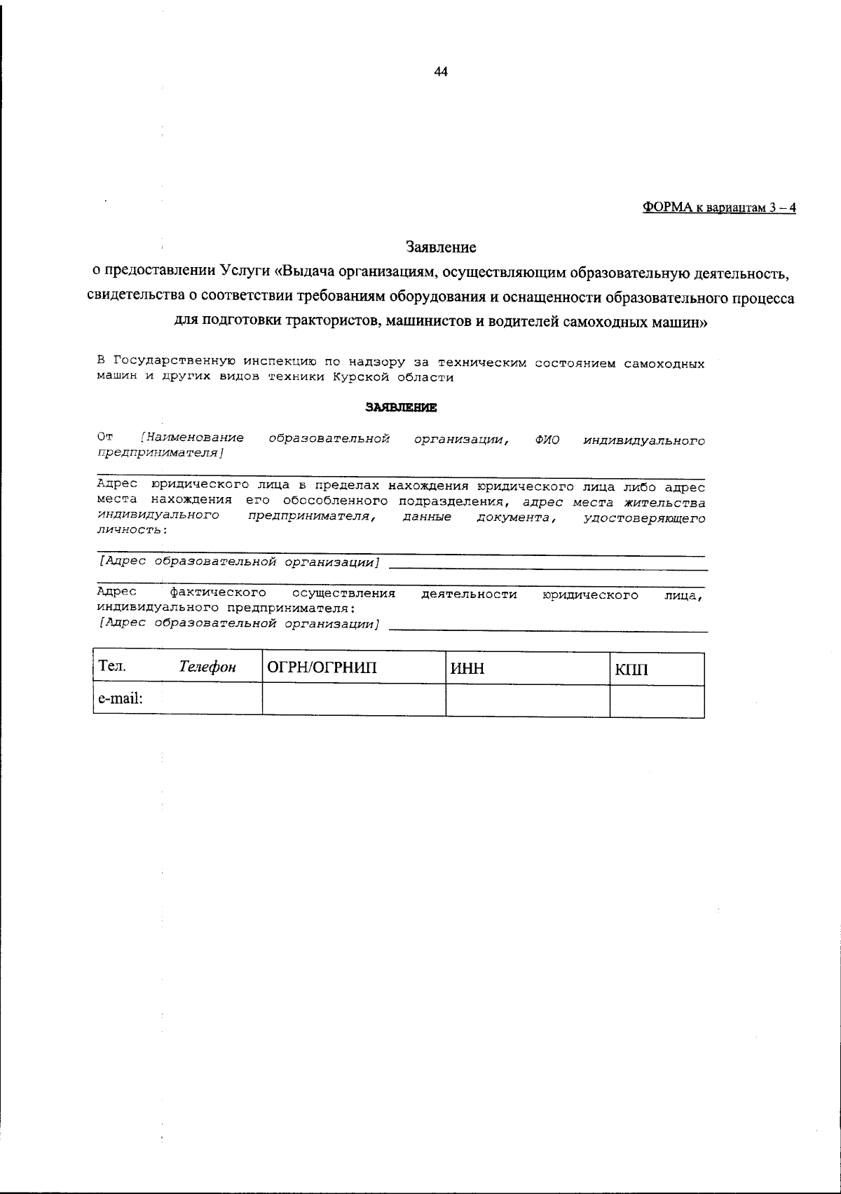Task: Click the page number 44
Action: click(x=441, y=72)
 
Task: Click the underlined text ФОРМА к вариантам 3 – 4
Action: click(x=719, y=208)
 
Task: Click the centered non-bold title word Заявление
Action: click(x=441, y=247)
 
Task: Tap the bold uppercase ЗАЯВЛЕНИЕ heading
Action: click(x=401, y=407)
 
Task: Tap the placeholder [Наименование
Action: click(x=192, y=438)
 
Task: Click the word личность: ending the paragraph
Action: click(x=132, y=530)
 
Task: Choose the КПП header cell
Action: click(x=632, y=670)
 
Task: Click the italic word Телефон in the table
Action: click(x=207, y=667)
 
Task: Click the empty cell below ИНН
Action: click(x=527, y=700)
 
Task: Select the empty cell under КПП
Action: click(x=656, y=700)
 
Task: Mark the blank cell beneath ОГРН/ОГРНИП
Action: click(x=353, y=700)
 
